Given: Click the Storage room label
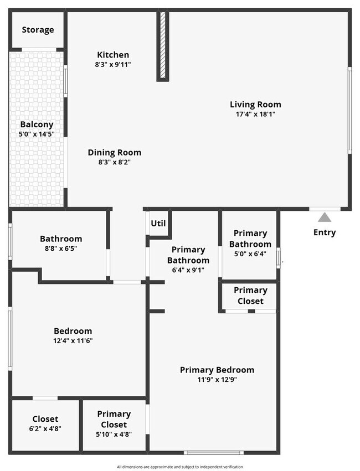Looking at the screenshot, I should [38, 29].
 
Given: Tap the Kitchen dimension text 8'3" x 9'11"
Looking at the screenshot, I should [113, 65].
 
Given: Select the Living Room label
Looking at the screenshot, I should [255, 104].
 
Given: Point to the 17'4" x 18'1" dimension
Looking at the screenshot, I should [255, 114].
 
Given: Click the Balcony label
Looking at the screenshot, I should [37, 125].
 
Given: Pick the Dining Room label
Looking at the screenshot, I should [114, 152].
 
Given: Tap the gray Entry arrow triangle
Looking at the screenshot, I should [325, 217].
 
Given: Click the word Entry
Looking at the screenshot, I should [325, 232].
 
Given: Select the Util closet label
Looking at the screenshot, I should [158, 224].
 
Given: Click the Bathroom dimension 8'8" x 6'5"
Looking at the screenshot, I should [61, 249].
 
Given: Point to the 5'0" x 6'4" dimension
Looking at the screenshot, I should [250, 254].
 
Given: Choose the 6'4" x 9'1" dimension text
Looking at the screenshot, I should [188, 270].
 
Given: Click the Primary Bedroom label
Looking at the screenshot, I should [217, 370].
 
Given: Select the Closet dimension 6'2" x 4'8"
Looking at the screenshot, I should [45, 429].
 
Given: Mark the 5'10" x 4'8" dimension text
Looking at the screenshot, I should [114, 434].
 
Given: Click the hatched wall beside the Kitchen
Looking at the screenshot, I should [163, 45].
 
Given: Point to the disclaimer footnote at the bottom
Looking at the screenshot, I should [180, 467].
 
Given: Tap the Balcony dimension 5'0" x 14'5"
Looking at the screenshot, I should [37, 134].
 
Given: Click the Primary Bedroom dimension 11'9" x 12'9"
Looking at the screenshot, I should [217, 380].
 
